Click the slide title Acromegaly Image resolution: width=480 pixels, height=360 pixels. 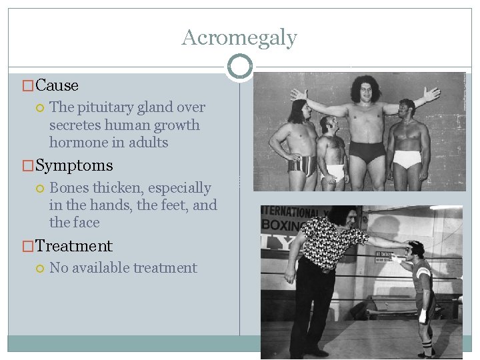point(239,37)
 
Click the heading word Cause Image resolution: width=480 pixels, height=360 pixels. point(57,85)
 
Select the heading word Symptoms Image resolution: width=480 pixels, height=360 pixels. point(74,165)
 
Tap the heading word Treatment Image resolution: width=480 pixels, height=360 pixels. point(74,245)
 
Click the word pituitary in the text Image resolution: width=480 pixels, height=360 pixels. point(101,107)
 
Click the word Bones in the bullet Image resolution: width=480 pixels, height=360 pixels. point(69,188)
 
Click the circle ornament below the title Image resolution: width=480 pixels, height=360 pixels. point(240,66)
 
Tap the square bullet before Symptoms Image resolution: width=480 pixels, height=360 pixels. point(28,166)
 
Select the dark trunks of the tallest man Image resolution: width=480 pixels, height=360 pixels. point(367,152)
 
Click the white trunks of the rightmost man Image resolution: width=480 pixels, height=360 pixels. point(407,159)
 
